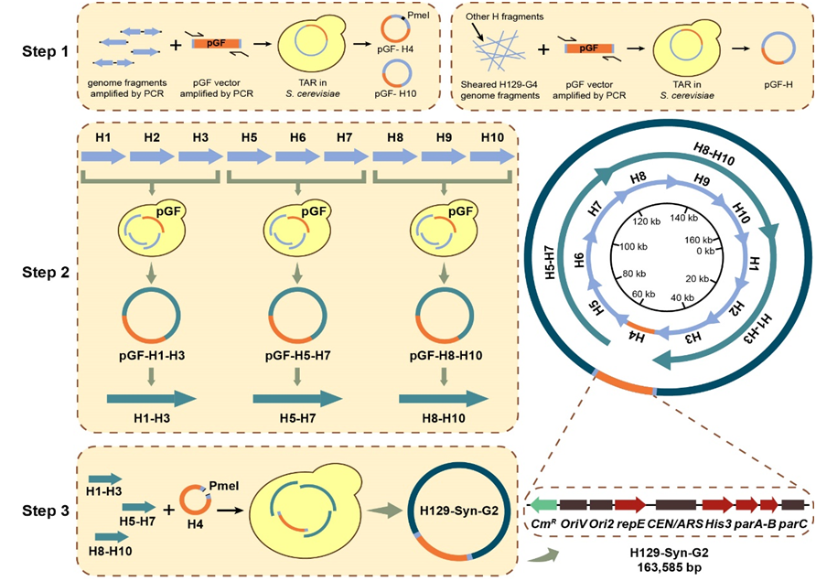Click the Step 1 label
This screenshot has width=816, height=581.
click(45, 51)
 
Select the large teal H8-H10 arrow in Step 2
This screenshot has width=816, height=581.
click(443, 398)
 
